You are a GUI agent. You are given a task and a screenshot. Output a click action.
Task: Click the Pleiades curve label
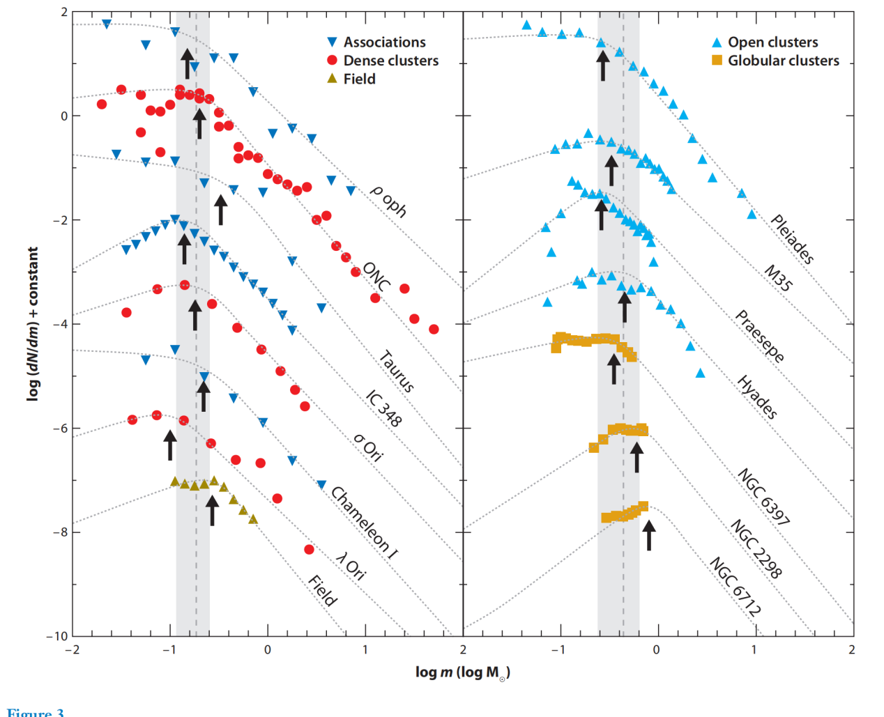click(792, 239)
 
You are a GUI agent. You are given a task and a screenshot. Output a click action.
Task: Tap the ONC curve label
click(376, 277)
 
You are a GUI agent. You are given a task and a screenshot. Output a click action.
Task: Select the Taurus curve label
click(397, 372)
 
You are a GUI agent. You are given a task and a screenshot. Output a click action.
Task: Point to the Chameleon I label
click(364, 523)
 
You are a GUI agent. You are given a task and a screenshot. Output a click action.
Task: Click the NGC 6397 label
click(763, 497)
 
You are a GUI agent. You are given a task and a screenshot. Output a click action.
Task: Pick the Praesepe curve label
click(759, 337)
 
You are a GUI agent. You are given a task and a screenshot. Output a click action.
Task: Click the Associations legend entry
click(384, 43)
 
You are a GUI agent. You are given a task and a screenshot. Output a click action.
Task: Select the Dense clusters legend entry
click(390, 61)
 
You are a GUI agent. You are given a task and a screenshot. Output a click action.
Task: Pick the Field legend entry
click(359, 79)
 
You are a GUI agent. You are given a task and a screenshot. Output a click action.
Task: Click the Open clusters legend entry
click(772, 43)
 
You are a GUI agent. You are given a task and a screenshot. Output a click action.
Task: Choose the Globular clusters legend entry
click(783, 61)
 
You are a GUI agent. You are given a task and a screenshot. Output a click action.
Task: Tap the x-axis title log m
click(462, 672)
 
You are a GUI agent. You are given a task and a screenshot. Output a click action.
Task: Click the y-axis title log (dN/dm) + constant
click(32, 324)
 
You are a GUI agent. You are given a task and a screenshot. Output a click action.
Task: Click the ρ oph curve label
click(388, 201)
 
